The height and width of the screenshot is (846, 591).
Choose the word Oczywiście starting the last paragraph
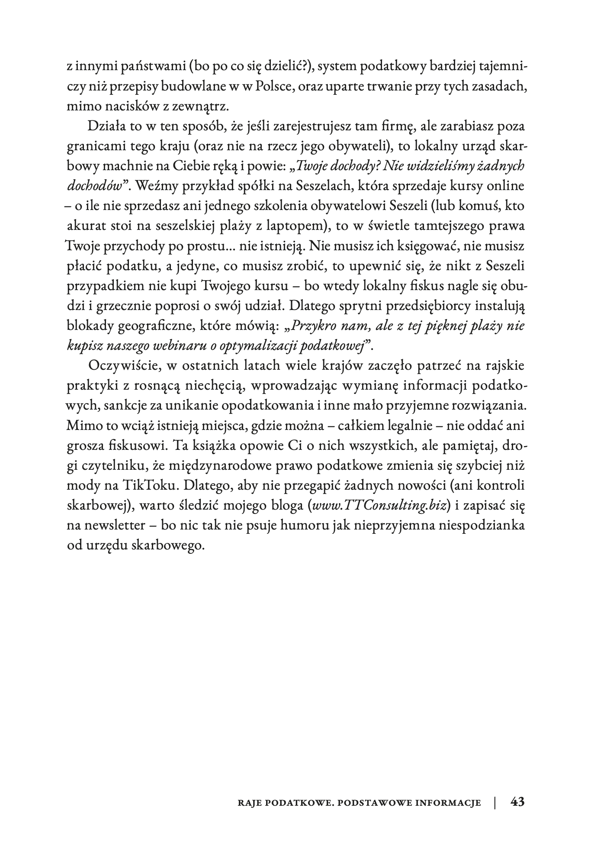(126, 365)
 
